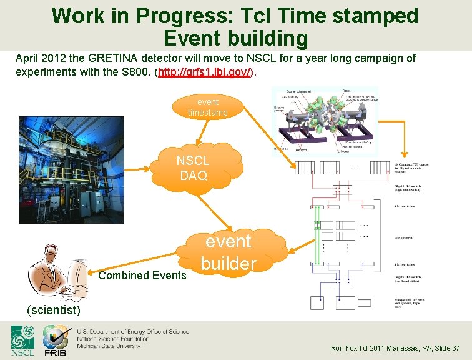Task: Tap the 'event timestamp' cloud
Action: tap(208, 107)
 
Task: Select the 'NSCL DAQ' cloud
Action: tap(193, 167)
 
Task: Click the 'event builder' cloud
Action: tap(229, 252)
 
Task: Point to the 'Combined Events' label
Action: tap(142, 275)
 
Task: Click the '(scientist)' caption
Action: tap(53, 310)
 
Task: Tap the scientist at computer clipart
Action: tap(57, 272)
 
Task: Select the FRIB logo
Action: tap(55, 341)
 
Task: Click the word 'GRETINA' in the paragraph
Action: tap(118, 58)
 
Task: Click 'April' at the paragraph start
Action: tap(27, 58)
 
